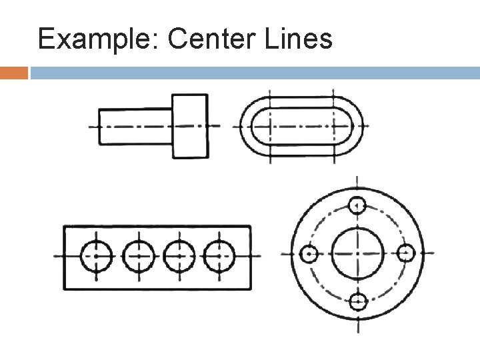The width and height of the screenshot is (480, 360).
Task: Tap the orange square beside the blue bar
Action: (x=14, y=72)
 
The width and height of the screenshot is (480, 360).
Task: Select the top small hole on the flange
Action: (x=358, y=205)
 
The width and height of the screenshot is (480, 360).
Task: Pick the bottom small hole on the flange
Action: (x=358, y=302)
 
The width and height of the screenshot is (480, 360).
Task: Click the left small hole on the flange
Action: (x=309, y=254)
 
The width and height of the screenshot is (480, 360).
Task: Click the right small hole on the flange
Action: (x=407, y=254)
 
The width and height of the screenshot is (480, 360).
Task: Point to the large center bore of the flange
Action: (x=358, y=254)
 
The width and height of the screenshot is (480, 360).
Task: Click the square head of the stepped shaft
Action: (x=190, y=125)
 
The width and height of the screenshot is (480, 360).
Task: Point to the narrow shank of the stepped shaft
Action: (x=135, y=125)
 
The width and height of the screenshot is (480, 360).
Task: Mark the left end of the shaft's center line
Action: (x=91, y=126)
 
